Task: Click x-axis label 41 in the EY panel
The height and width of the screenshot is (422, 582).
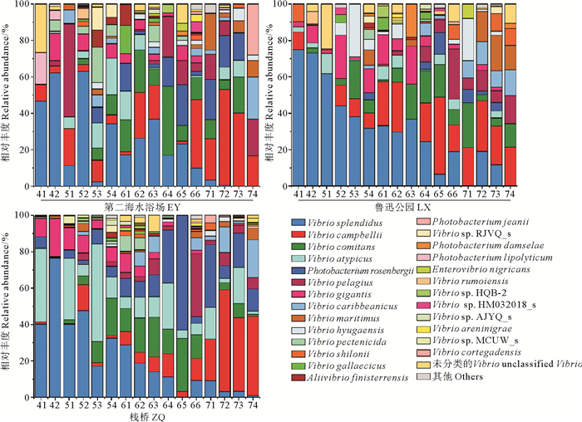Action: (x=41, y=194)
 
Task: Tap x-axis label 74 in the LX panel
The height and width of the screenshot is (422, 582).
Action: (x=510, y=194)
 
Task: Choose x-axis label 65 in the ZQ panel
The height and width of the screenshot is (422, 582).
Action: (x=182, y=404)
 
